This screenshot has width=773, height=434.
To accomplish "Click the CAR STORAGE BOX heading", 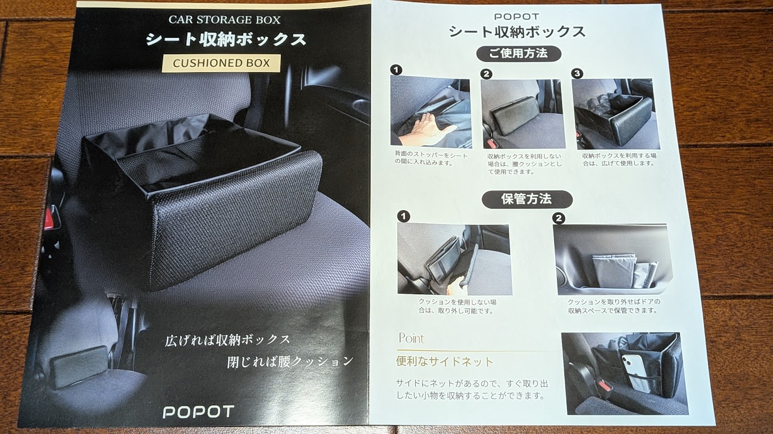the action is pos(225,20).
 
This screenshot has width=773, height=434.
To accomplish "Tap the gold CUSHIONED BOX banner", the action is pos(221,63).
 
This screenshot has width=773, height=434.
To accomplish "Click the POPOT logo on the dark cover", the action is pos(198,412).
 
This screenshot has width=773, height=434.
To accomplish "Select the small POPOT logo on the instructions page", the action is pos(517,16).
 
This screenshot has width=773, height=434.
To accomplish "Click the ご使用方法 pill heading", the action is pos(519,54).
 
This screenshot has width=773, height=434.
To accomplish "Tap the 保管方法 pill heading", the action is pos(527,200).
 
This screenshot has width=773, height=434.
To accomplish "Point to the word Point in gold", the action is pos(411,338).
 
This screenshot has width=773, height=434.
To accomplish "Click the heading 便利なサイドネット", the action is pos(445,361).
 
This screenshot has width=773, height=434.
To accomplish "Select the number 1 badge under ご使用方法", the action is pos(396,70).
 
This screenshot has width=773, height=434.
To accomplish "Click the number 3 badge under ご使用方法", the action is pos(577,73).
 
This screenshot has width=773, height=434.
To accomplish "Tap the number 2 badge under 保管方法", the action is pos(559,218).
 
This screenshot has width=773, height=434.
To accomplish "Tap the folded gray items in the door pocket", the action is pos(623,272).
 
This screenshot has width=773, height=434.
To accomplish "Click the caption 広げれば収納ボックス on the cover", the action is pos(227,340).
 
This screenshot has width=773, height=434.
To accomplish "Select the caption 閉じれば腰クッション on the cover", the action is pos(290,361).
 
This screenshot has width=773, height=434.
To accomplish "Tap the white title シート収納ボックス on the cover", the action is pos(226,39).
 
